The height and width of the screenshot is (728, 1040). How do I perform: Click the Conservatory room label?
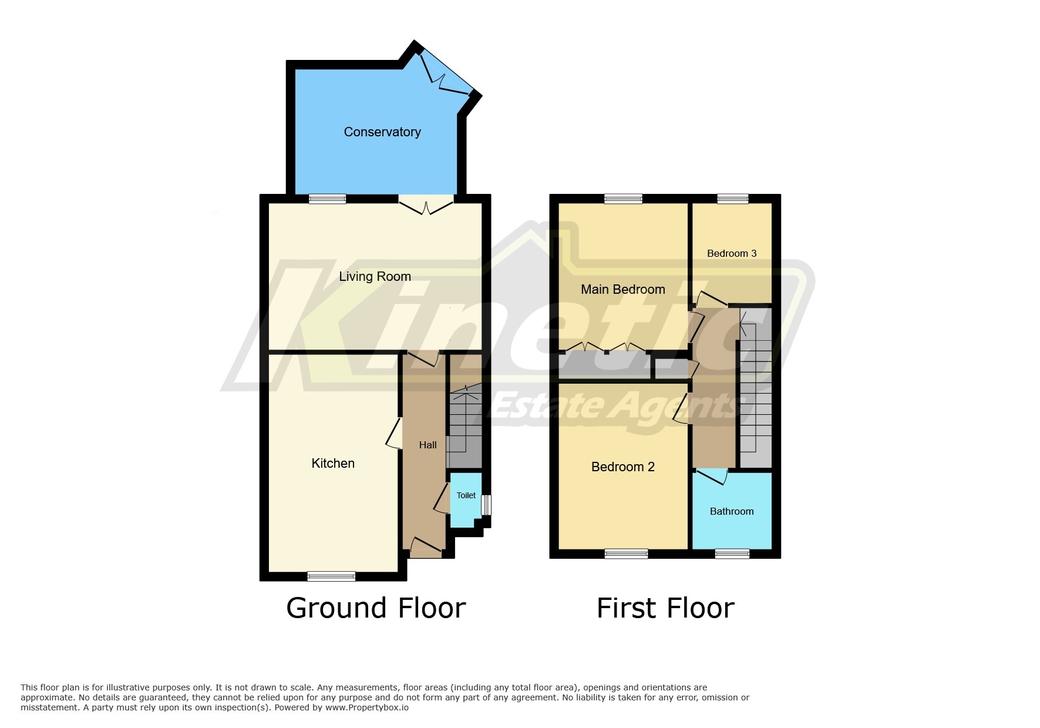click(382, 132)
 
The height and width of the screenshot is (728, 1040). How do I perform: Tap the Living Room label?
click(375, 276)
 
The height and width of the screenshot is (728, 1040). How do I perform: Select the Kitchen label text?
click(333, 464)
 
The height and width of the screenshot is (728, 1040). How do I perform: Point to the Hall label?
click(428, 445)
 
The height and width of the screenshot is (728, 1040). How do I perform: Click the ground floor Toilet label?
click(466, 495)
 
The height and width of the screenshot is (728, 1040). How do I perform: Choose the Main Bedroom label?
click(623, 289)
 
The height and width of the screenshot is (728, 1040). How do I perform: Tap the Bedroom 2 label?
click(622, 467)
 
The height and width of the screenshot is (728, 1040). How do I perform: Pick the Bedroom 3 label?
click(732, 253)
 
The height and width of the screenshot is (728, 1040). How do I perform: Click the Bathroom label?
click(732, 511)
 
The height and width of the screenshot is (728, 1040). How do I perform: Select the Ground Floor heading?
click(376, 608)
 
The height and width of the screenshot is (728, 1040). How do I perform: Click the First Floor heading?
click(665, 608)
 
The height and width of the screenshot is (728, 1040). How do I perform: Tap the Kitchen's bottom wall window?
click(331, 576)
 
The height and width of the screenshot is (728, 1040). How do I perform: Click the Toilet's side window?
click(486, 505)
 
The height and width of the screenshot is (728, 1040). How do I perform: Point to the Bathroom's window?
click(732, 553)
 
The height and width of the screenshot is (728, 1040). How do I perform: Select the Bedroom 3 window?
click(732, 199)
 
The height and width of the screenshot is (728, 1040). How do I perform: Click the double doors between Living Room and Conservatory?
click(426, 206)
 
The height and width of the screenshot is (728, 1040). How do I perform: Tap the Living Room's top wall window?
click(328, 199)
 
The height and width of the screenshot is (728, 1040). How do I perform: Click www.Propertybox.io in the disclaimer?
click(367, 707)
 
